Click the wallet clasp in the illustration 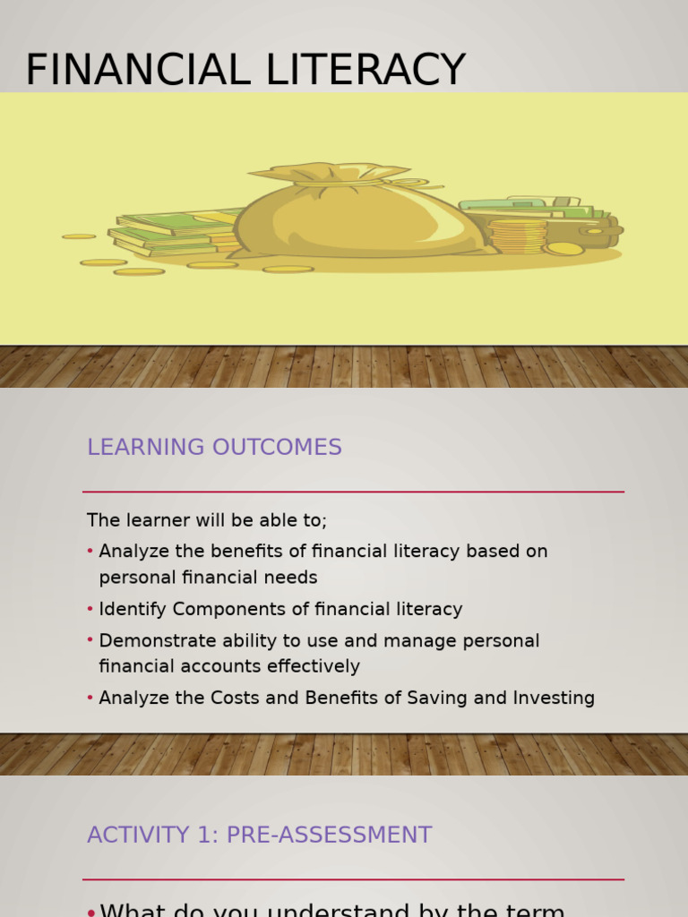click(596, 230)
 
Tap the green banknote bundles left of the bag click(170, 231)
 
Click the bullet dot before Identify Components click(90, 609)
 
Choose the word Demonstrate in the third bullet click(153, 641)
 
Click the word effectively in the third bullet click(318, 666)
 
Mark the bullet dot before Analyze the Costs click(90, 698)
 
